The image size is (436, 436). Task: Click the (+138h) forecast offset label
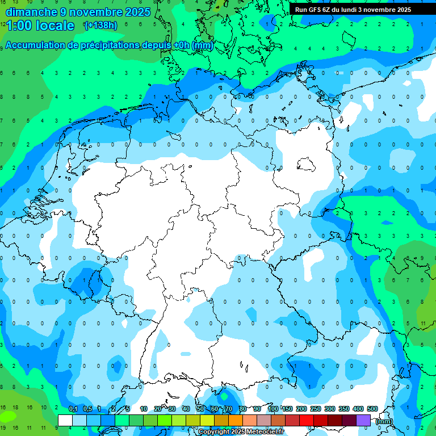(100, 25)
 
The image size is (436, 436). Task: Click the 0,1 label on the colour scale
(73, 409)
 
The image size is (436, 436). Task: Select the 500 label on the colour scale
(372, 409)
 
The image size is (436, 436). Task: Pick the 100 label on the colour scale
(273, 409)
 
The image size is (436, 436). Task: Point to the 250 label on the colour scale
(316, 409)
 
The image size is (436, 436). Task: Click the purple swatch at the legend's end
(363, 420)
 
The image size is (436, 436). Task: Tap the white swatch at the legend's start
(65, 420)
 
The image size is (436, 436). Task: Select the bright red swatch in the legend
(307, 420)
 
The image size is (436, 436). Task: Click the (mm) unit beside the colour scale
(384, 421)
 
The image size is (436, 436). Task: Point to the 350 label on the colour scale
(344, 409)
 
